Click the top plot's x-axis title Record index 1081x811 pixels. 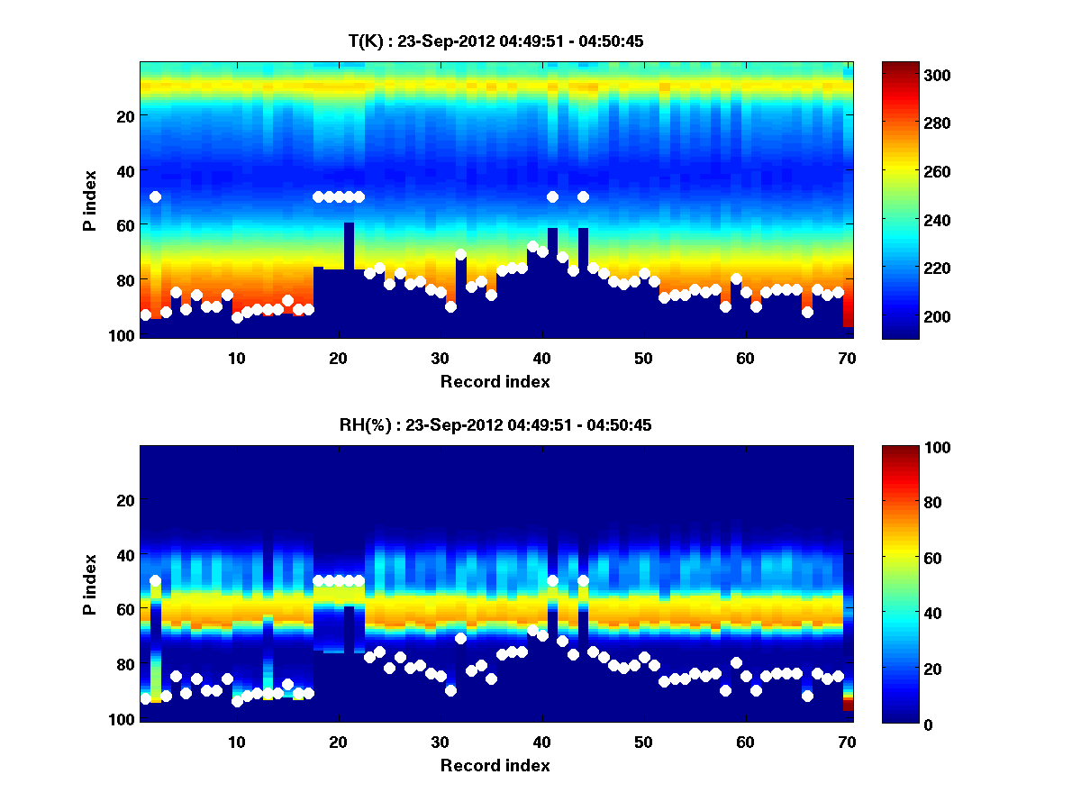pyautogui.click(x=495, y=381)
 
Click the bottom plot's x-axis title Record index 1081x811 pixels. pyautogui.click(x=495, y=765)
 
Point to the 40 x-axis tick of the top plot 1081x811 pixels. pyautogui.click(x=541, y=358)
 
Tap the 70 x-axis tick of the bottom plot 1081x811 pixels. pyautogui.click(x=847, y=742)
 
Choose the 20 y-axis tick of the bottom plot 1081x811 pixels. pyautogui.click(x=125, y=500)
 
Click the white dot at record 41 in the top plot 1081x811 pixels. pyautogui.click(x=552, y=196)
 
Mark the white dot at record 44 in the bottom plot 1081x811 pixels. pyautogui.click(x=583, y=580)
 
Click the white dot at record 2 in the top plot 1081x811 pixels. pyautogui.click(x=155, y=196)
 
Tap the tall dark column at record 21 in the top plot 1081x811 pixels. pyautogui.click(x=349, y=279)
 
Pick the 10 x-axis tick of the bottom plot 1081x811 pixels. pyautogui.click(x=236, y=742)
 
